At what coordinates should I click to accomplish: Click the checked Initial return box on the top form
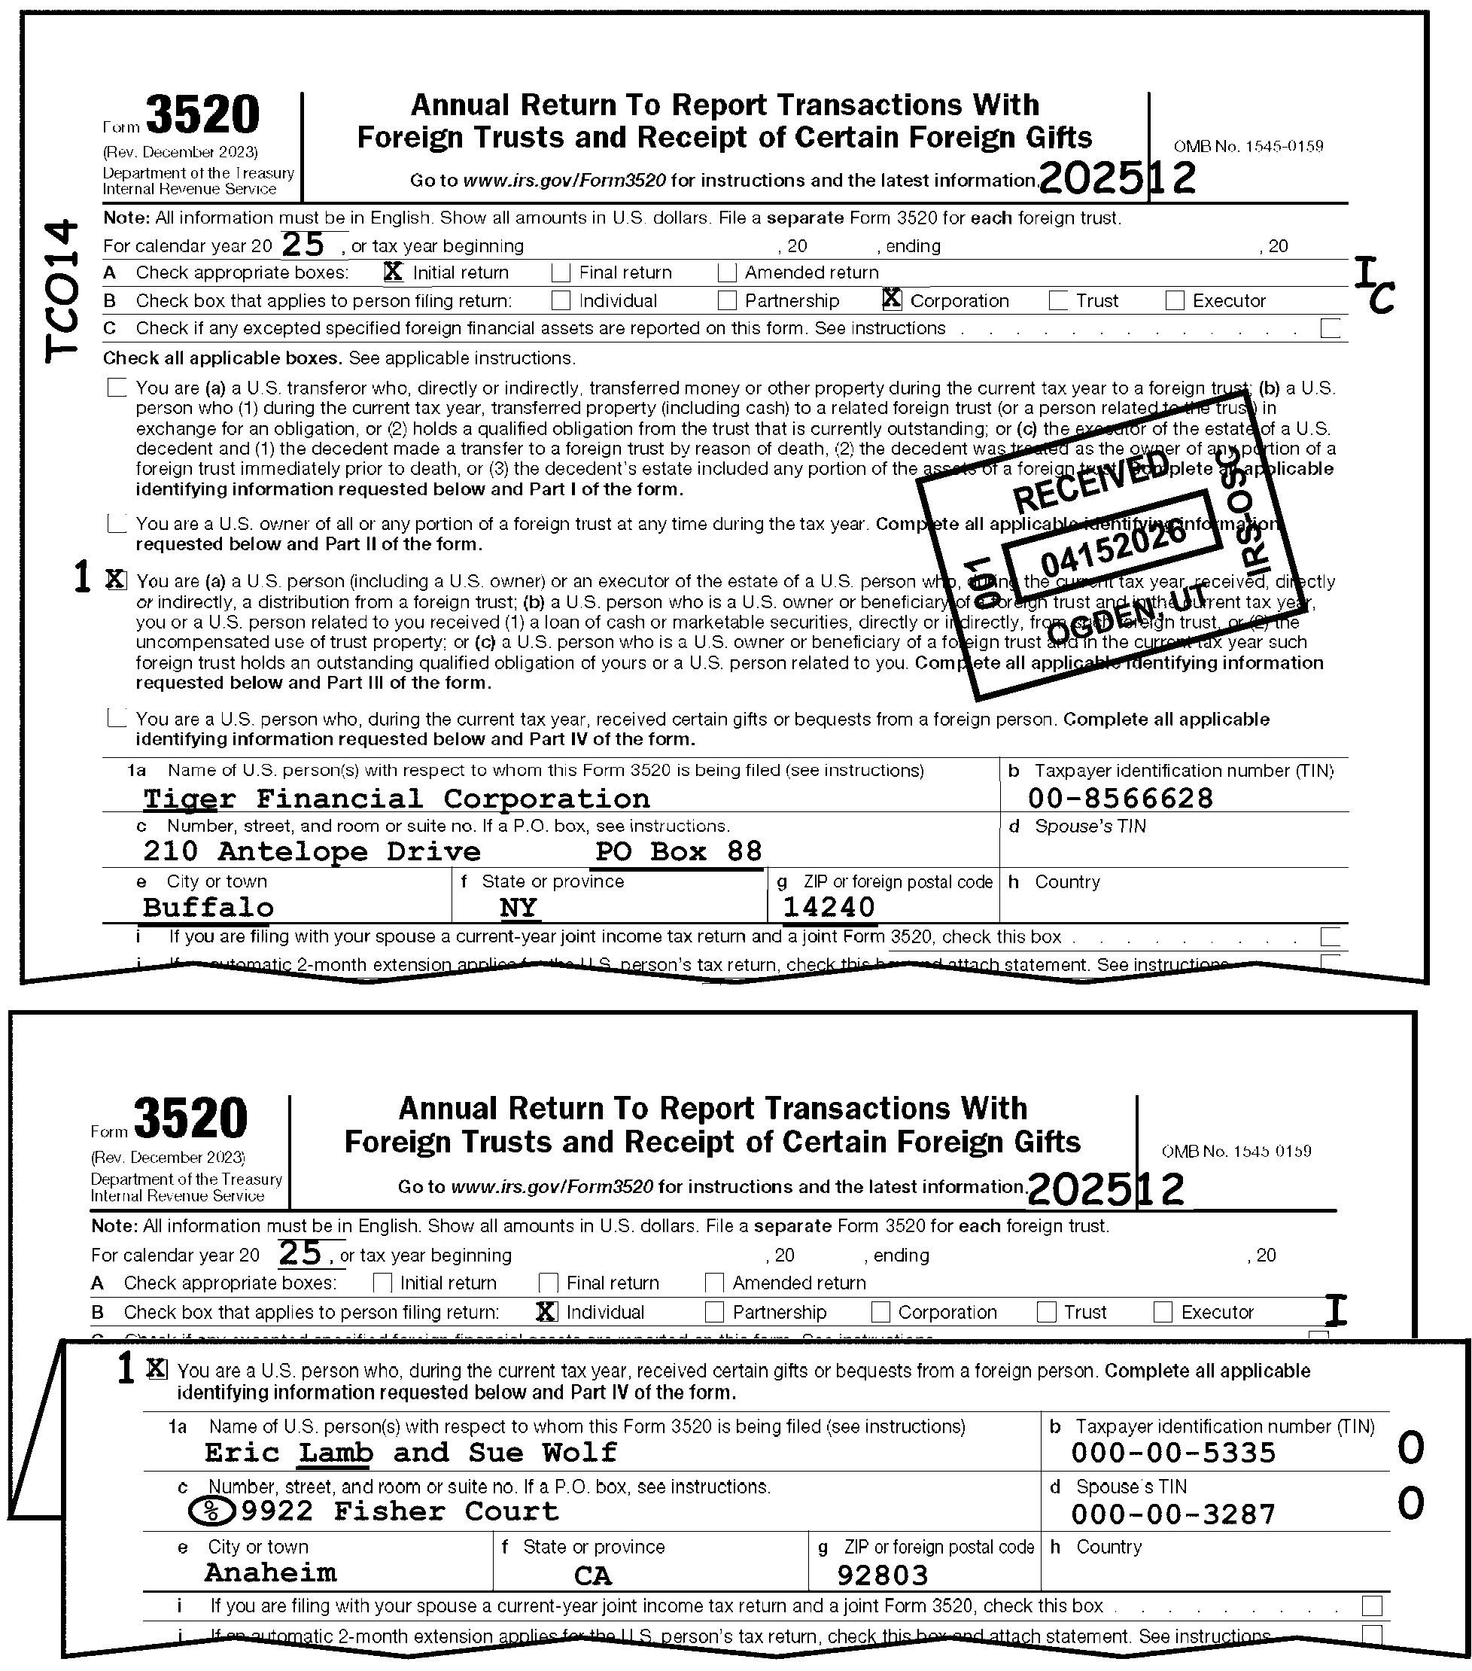pos(393,272)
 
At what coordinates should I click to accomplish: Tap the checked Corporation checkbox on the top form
pos(892,300)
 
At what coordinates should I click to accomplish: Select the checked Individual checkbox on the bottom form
pos(546,1312)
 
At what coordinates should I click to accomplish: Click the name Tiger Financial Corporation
pos(397,799)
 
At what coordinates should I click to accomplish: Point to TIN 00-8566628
pos(1121,799)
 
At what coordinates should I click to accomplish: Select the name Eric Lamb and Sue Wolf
pos(410,1453)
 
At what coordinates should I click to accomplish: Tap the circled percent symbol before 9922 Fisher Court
pos(211,1511)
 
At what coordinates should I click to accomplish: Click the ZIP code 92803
pos(883,1575)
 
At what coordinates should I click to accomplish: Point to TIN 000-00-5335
pos(1174,1453)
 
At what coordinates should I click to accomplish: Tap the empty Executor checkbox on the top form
pos(1175,301)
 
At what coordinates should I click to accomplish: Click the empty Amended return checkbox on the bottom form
pos(714,1283)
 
